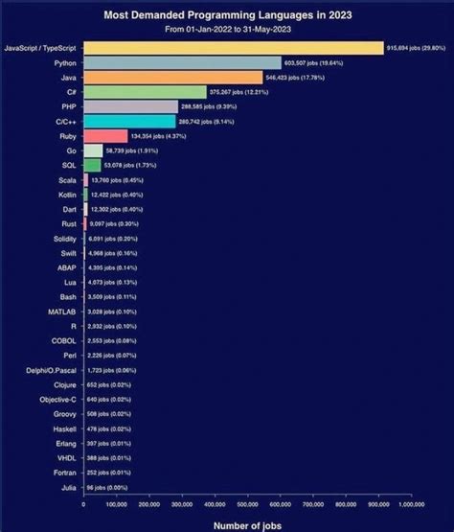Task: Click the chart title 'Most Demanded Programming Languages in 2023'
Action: point(227,15)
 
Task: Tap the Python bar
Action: point(182,62)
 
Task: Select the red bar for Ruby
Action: point(104,136)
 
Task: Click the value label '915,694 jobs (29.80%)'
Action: point(418,47)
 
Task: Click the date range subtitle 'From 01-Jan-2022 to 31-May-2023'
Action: point(227,30)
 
